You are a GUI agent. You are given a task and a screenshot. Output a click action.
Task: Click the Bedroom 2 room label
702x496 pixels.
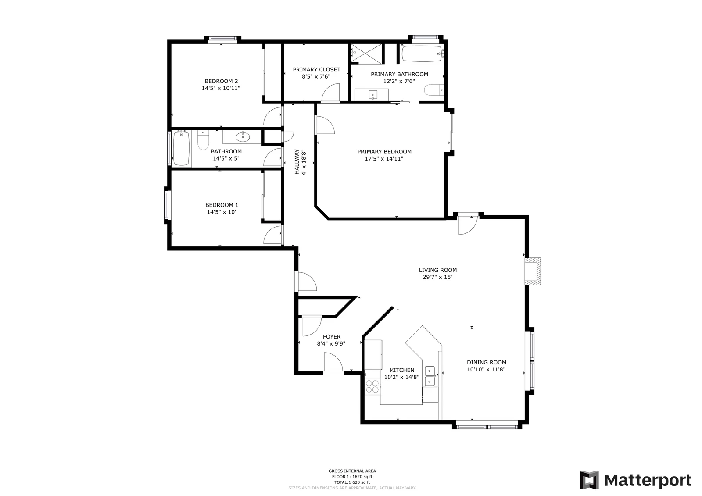221,82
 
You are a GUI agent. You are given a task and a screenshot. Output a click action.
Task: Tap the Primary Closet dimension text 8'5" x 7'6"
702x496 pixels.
316,76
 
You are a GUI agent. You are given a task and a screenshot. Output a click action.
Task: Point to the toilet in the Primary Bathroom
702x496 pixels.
434,90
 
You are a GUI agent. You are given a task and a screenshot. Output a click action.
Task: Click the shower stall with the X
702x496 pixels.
366,53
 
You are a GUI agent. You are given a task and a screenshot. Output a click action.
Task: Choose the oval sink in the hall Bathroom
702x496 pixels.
243,137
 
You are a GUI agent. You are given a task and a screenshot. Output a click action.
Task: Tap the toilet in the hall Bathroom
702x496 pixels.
203,140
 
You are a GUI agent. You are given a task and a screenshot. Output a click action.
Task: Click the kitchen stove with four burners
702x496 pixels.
372,386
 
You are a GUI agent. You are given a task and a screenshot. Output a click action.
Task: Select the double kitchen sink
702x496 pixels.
430,376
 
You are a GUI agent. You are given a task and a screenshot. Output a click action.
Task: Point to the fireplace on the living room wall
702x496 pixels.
533,271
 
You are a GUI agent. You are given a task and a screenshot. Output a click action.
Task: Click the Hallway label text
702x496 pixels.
297,162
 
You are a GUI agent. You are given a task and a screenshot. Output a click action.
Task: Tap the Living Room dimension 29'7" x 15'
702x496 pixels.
437,277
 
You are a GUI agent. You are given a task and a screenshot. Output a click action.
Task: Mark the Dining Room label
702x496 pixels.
487,362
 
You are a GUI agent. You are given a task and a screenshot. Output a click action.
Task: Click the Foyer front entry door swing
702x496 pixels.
333,362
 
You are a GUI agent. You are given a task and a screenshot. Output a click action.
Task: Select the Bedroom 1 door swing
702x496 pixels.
273,235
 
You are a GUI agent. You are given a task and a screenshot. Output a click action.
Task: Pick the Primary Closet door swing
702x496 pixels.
331,93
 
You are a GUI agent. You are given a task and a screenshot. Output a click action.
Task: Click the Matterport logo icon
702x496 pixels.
589,480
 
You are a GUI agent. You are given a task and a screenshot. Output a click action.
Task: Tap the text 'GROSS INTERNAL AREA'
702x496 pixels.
352,471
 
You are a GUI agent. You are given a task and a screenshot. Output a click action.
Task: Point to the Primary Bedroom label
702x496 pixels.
384,152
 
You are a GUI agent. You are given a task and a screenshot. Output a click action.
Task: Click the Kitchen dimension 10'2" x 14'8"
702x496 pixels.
402,377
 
